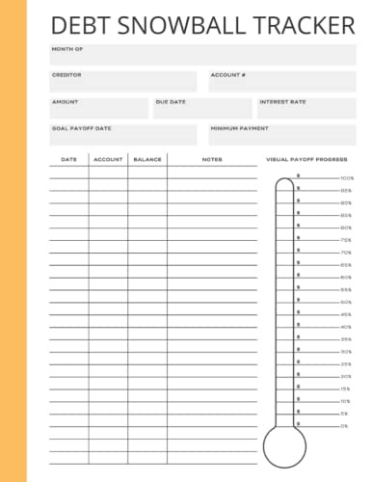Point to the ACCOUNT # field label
[x=228, y=74]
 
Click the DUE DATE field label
[x=171, y=101]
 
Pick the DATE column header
[x=68, y=159]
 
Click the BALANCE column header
[x=147, y=159]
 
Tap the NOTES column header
[x=212, y=159]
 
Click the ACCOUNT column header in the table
[x=108, y=159]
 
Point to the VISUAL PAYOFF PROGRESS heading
[x=306, y=159]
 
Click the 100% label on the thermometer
[x=347, y=178]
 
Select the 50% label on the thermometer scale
[x=346, y=302]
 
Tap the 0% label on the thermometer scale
[x=344, y=425]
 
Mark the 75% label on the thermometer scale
[x=346, y=240]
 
